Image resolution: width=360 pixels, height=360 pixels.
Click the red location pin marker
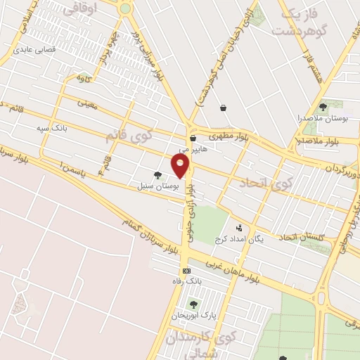181,166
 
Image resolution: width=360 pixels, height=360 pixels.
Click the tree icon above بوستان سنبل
157,176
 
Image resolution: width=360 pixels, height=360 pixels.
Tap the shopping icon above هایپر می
193,139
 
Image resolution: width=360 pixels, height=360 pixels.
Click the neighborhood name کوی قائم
127,133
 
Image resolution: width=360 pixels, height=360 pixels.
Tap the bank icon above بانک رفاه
186,271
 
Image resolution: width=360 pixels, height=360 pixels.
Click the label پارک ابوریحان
194,315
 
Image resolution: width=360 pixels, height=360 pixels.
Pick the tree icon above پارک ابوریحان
193,304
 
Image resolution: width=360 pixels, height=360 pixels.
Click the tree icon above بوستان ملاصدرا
323,107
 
